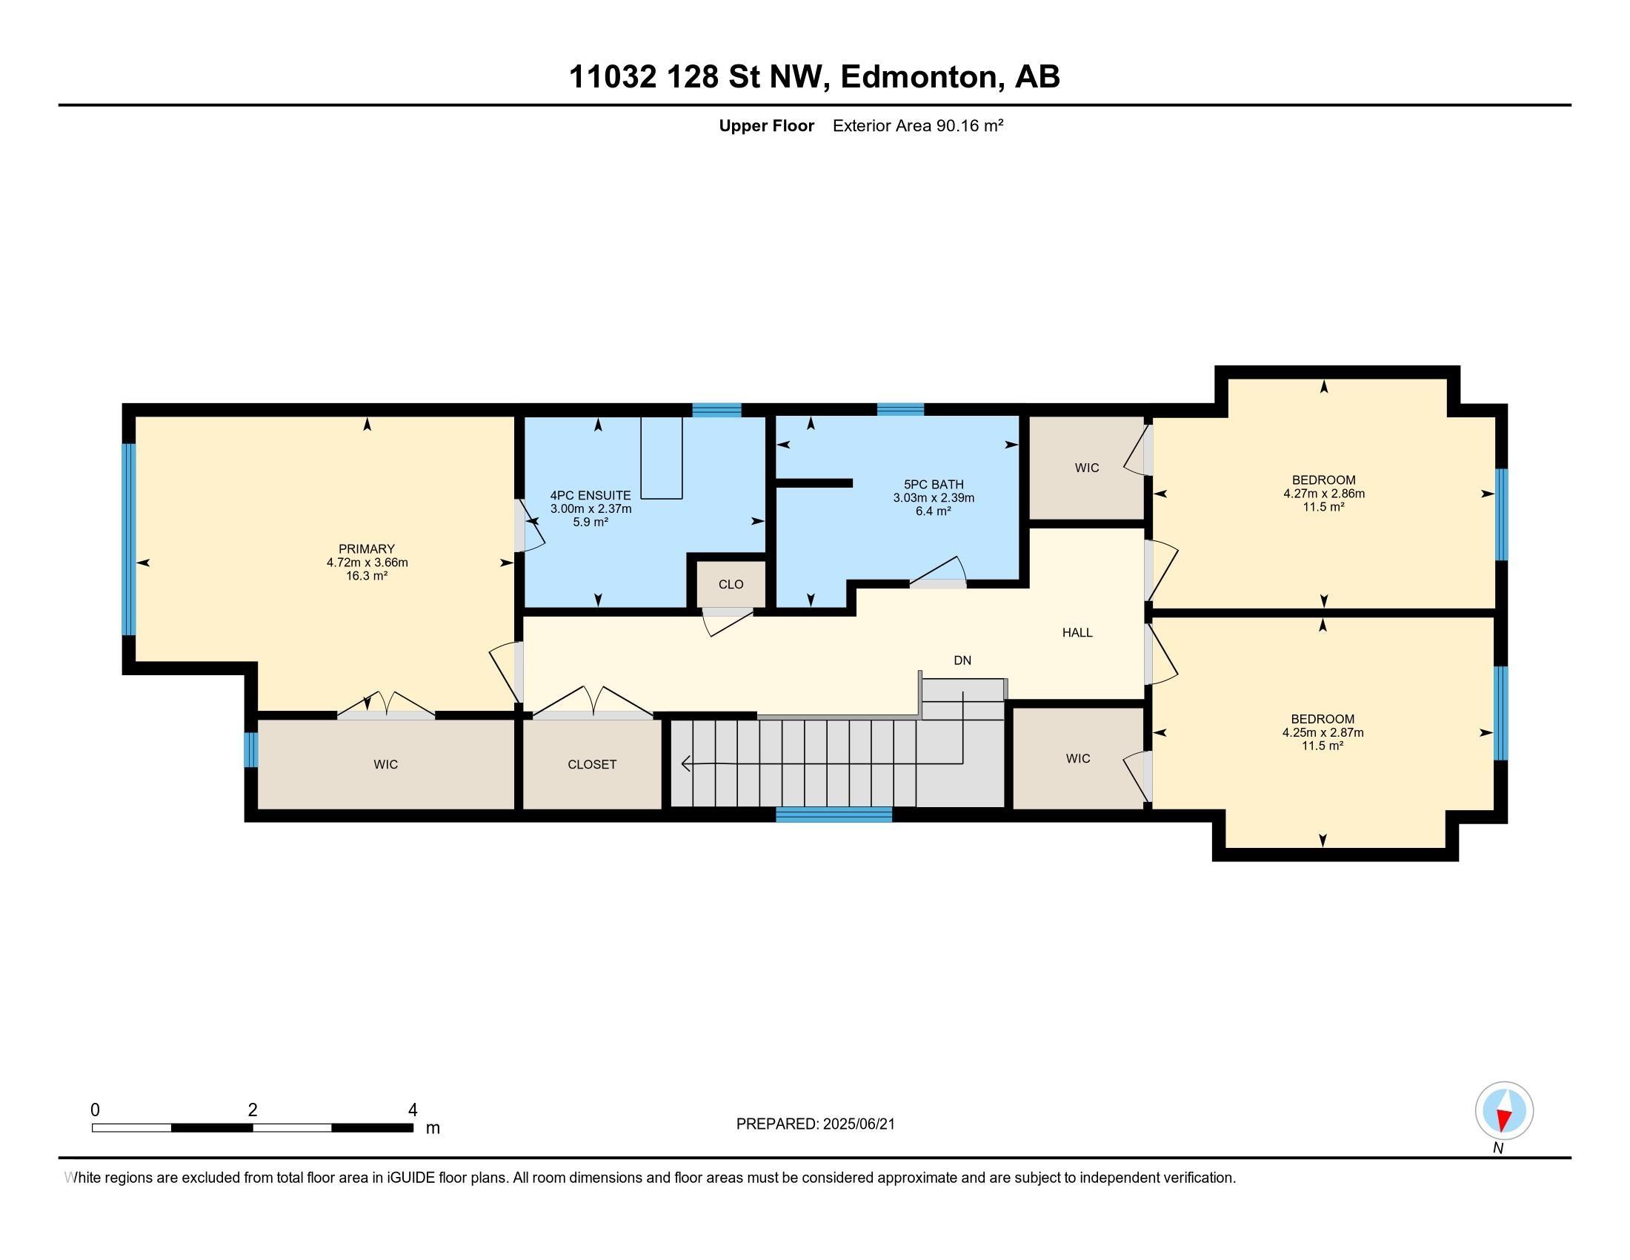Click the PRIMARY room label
(x=367, y=548)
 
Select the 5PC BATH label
(x=934, y=485)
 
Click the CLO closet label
(x=731, y=585)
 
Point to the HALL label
(x=1077, y=632)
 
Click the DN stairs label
(x=962, y=660)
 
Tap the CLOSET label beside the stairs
(x=592, y=764)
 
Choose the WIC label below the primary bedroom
(x=386, y=764)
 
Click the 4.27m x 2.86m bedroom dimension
(x=1324, y=494)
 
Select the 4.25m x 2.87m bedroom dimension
(x=1323, y=732)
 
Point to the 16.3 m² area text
(x=367, y=576)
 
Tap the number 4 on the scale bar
(x=413, y=1110)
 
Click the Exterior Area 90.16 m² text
(x=918, y=125)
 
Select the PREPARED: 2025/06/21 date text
(x=815, y=1124)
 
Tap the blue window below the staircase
(x=834, y=815)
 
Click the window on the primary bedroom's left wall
(x=129, y=539)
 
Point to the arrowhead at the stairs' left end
(x=685, y=763)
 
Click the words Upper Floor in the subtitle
(x=767, y=125)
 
